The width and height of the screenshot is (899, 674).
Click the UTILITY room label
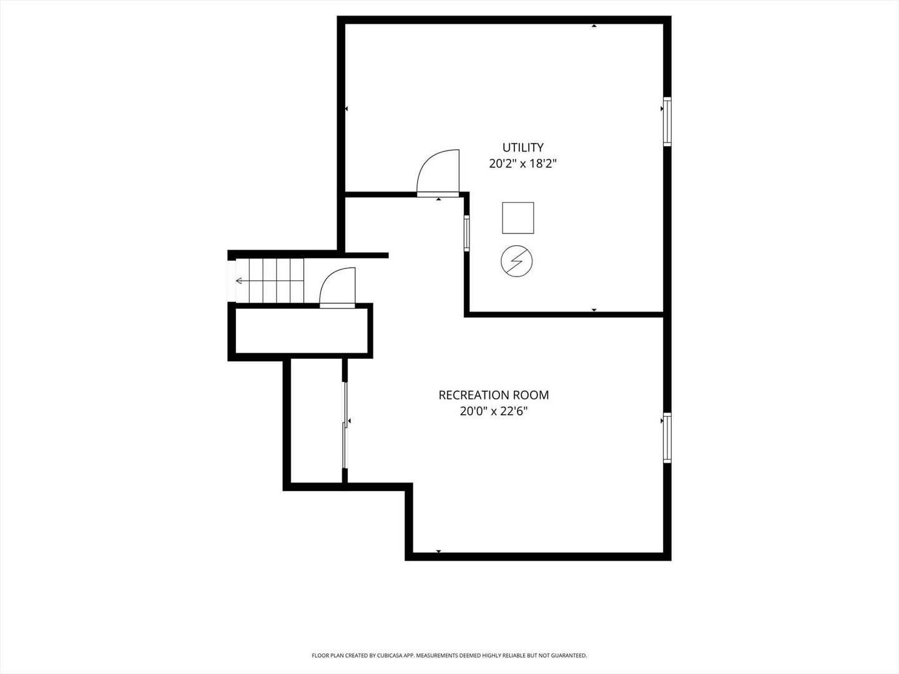tap(523, 147)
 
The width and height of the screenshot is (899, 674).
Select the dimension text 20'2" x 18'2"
tap(523, 164)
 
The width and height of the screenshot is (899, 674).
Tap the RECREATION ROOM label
tap(494, 395)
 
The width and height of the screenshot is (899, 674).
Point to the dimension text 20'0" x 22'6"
tap(494, 411)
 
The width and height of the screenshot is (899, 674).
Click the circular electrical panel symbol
tap(516, 261)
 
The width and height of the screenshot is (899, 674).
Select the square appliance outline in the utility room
tap(518, 218)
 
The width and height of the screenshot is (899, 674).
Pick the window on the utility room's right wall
tap(667, 122)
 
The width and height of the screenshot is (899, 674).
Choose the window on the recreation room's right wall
tap(667, 438)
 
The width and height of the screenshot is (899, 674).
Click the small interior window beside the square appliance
tap(466, 233)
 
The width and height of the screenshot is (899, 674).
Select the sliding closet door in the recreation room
tap(345, 425)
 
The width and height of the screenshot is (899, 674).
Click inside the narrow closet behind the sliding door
tap(317, 421)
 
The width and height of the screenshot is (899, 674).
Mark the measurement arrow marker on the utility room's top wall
tap(594, 26)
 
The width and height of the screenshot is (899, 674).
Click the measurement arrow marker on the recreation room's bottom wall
tap(438, 551)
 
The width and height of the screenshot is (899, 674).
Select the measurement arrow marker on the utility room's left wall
tap(346, 109)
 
